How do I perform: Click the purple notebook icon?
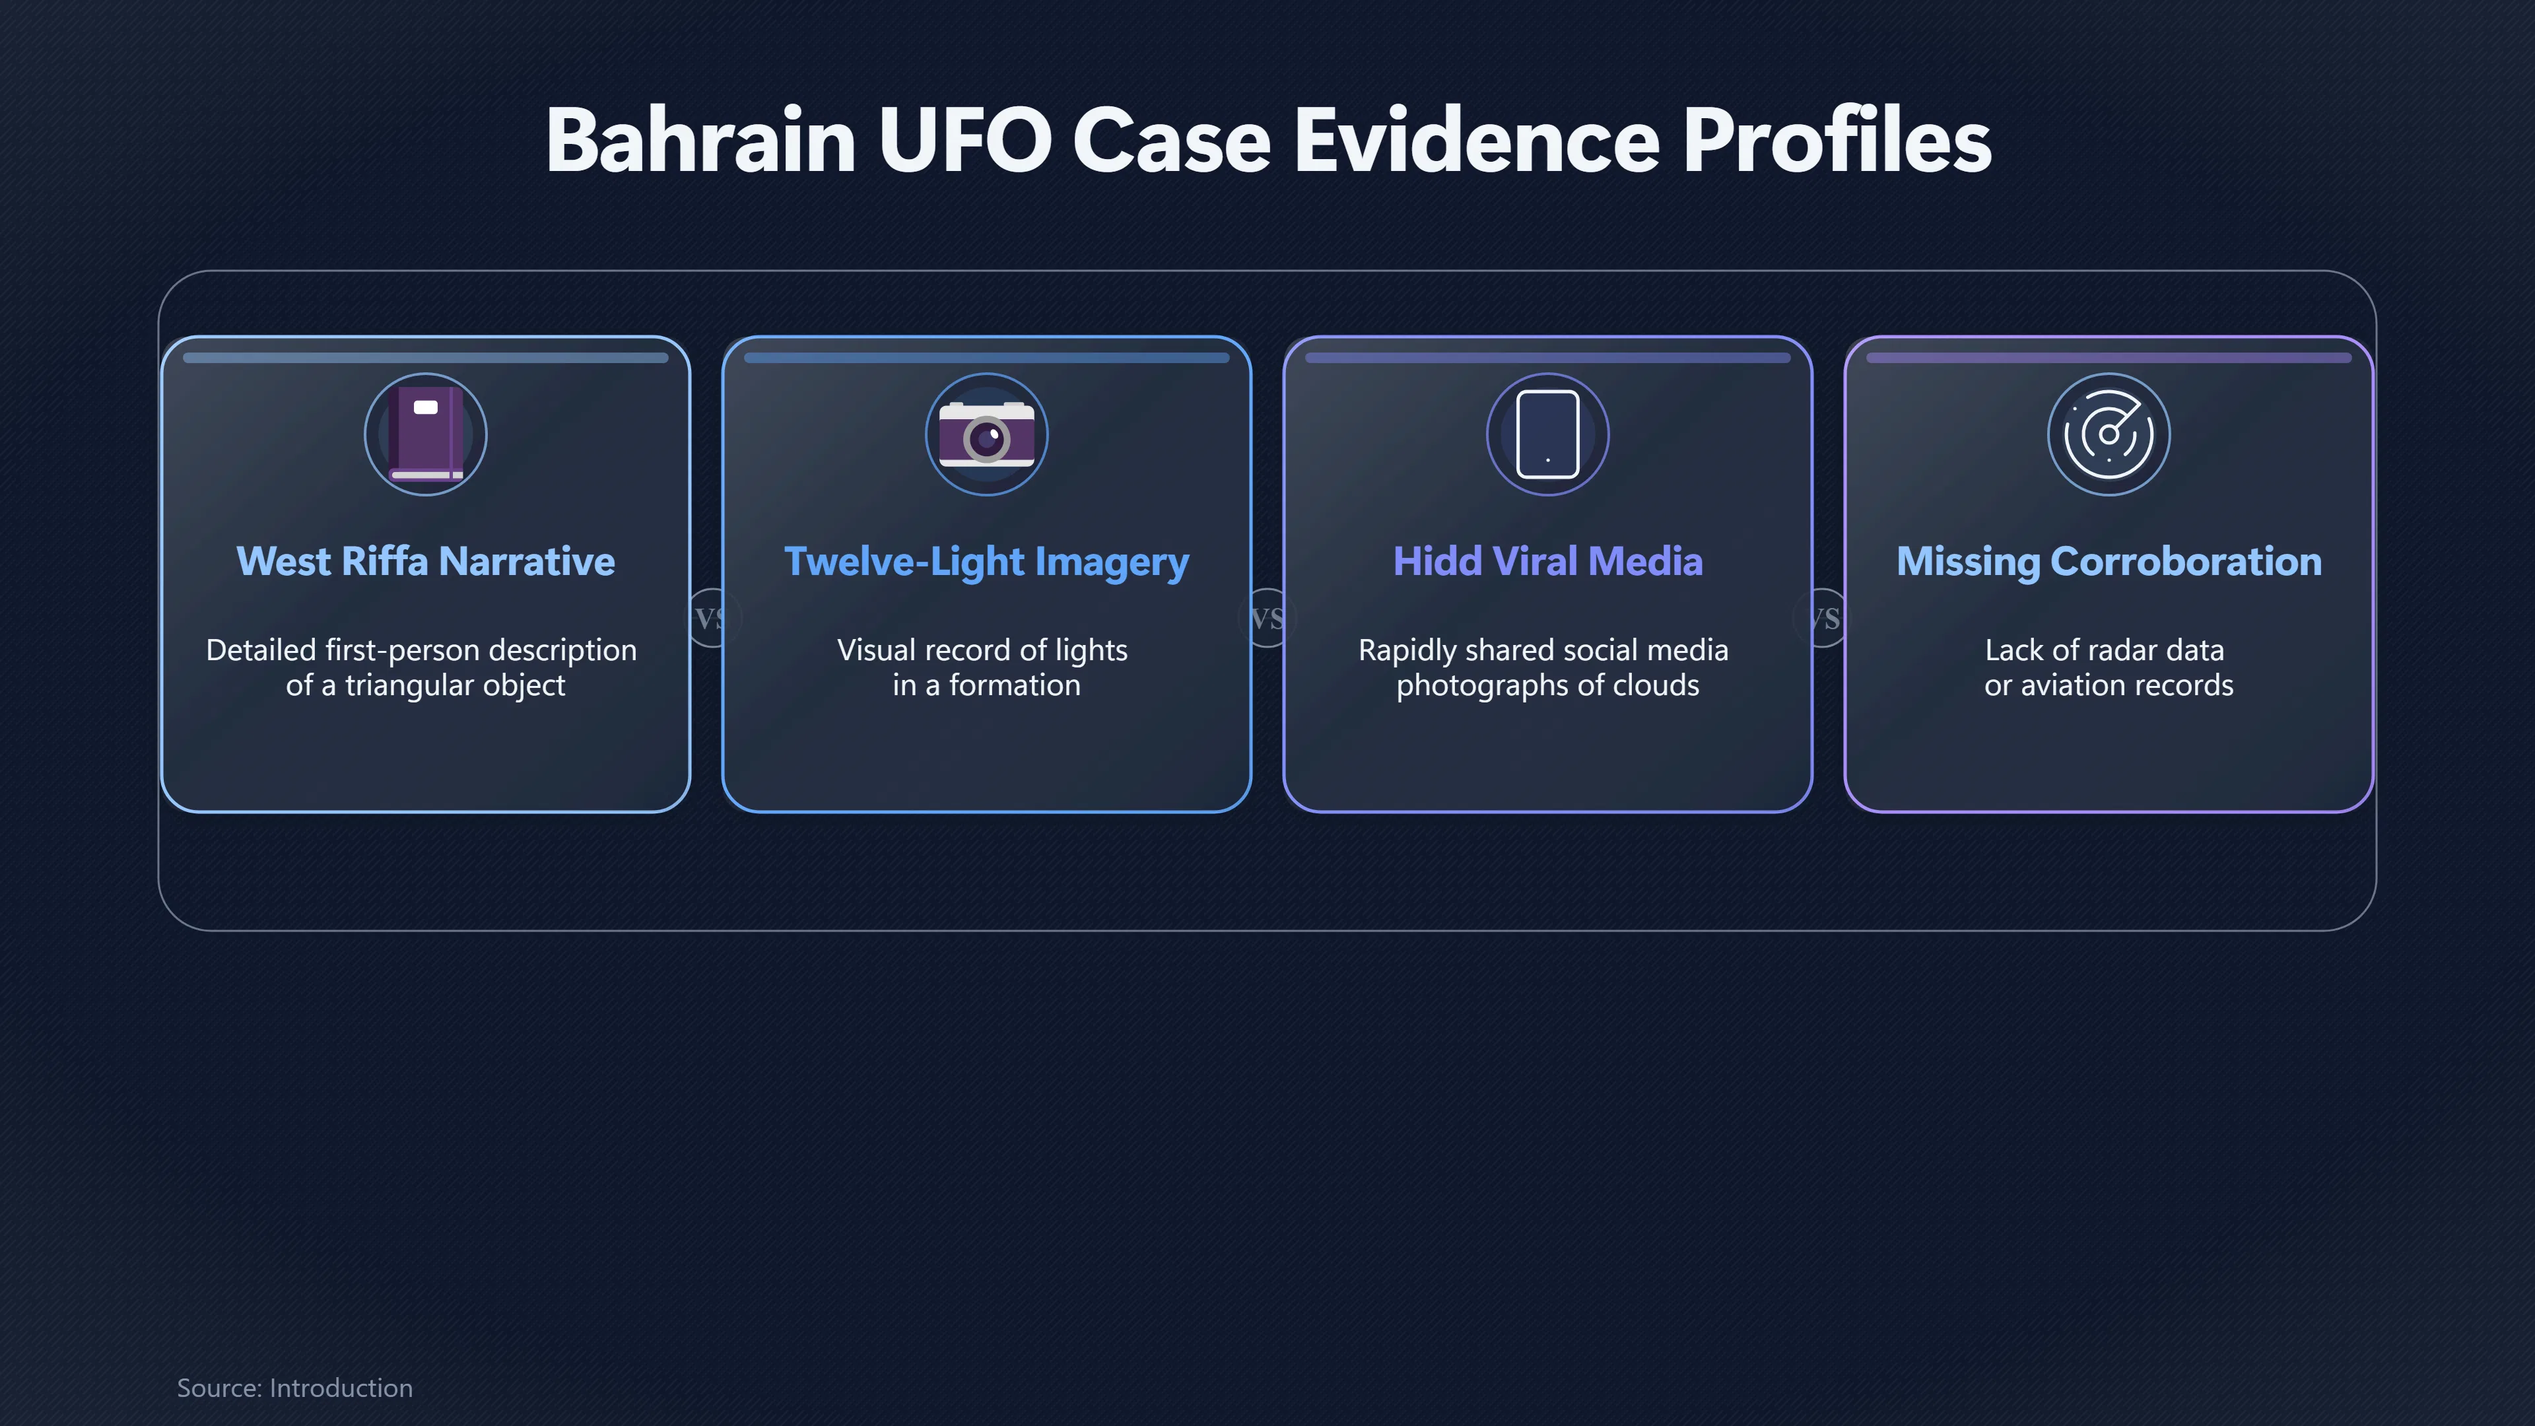tap(425, 434)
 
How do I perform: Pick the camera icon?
tap(986, 434)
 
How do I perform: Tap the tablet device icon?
tap(1548, 434)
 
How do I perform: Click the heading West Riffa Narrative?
tap(425, 561)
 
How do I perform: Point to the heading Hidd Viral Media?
tap(1548, 561)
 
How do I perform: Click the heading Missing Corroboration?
tap(2109, 562)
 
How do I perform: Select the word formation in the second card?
tap(1015, 685)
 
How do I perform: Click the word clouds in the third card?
tap(1658, 685)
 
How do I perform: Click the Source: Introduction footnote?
tap(294, 1388)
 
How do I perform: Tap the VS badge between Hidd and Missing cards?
tap(1823, 618)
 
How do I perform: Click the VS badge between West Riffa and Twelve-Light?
tap(710, 618)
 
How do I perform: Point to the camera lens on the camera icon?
tap(986, 438)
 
